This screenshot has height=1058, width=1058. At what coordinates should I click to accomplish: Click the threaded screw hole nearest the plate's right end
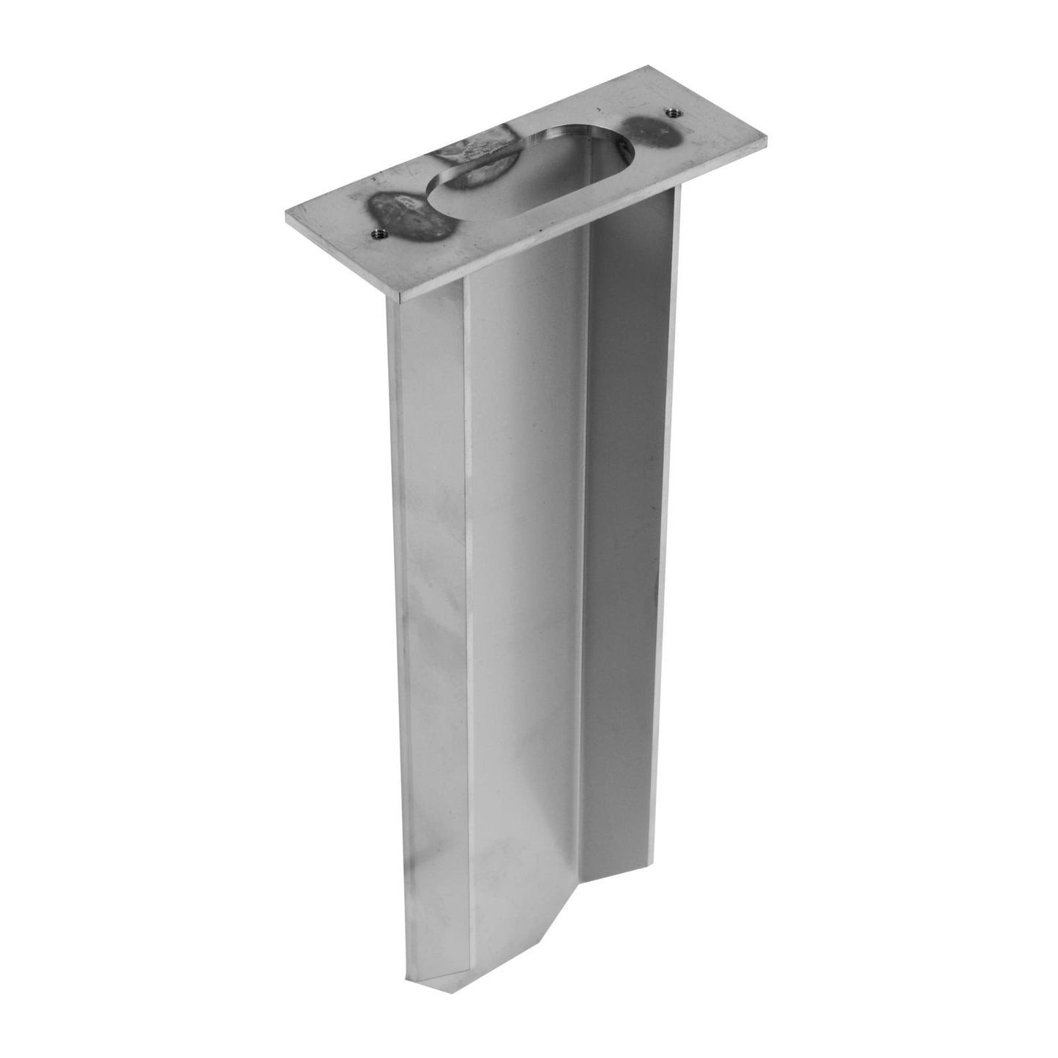pyautogui.click(x=671, y=112)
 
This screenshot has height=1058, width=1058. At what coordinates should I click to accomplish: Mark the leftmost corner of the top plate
pyautogui.click(x=286, y=215)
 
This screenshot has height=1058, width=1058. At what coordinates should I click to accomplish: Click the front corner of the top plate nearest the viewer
pyautogui.click(x=401, y=300)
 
